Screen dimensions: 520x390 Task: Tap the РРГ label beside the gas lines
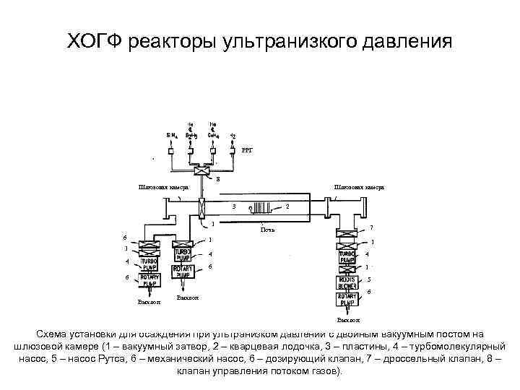pos(247,149)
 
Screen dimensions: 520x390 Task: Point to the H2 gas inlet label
pos(232,135)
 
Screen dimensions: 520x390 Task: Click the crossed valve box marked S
pos(201,172)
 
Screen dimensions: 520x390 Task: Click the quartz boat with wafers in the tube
pos(259,209)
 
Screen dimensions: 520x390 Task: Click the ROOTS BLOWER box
pos(350,282)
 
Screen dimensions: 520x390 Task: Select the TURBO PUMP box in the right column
pos(350,257)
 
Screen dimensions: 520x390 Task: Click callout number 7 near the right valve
pos(370,228)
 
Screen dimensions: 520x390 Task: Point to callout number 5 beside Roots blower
pos(369,280)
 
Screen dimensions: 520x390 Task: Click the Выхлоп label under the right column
pos(349,319)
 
